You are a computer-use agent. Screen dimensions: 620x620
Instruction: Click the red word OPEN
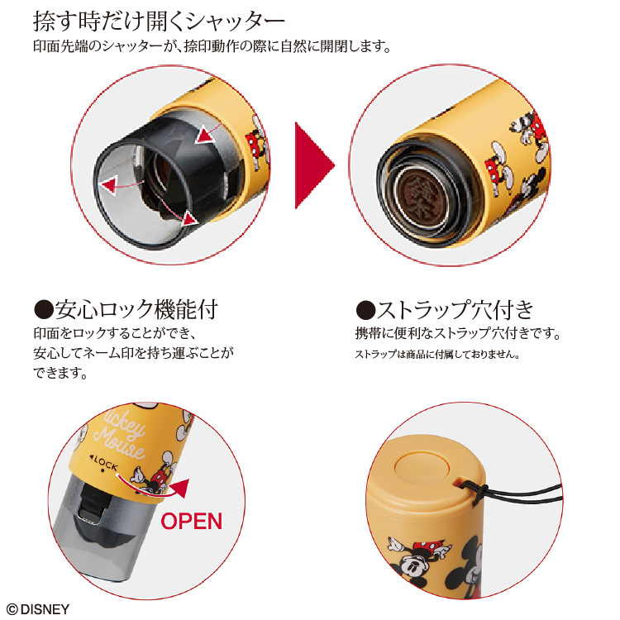[x=192, y=521]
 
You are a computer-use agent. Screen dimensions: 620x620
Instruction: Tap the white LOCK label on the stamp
[x=104, y=463]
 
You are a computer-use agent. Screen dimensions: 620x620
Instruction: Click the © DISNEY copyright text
[x=38, y=609]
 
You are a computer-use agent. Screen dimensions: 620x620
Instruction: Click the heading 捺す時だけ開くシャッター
[x=159, y=21]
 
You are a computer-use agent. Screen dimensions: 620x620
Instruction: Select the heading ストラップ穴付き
[x=455, y=310]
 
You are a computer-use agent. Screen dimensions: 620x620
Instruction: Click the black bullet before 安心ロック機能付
[x=44, y=310]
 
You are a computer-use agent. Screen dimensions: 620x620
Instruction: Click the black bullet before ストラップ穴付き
[x=365, y=310]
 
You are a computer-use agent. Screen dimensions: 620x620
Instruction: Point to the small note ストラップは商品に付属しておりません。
[x=437, y=355]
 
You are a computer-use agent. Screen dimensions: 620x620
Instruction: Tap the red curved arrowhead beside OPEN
[x=179, y=488]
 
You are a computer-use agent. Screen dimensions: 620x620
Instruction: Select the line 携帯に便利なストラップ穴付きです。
[x=458, y=334]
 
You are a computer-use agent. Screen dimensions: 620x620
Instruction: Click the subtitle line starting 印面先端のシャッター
[x=212, y=46]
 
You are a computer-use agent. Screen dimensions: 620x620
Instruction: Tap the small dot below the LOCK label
[x=103, y=471]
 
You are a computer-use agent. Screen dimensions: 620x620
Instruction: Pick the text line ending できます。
[x=60, y=373]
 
